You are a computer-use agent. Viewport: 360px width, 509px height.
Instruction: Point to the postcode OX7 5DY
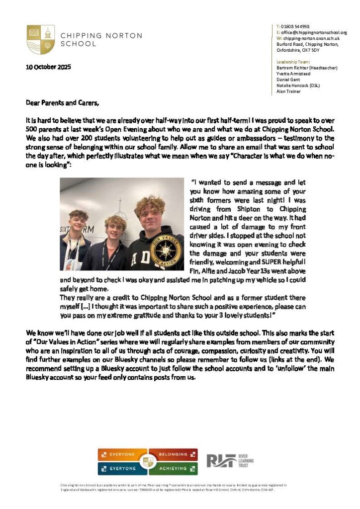314,50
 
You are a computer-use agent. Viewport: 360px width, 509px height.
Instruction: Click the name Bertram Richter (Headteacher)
307,68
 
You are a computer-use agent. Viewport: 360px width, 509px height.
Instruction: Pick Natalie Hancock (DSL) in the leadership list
298,85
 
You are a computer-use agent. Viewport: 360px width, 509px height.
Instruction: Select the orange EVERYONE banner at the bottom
123,454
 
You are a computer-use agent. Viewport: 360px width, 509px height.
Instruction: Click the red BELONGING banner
173,454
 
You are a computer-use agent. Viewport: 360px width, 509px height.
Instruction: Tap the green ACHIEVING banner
173,468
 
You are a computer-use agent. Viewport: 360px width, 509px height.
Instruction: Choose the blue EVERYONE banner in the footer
123,468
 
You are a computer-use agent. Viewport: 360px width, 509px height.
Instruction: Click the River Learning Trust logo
230,461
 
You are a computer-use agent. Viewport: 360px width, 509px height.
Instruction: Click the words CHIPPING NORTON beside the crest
101,36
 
